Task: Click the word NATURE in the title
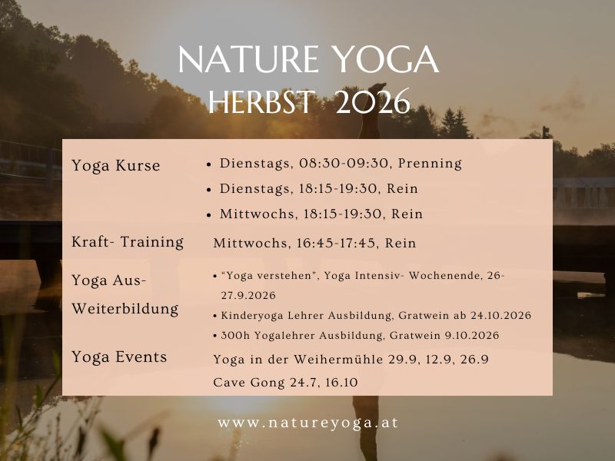pyautogui.click(x=248, y=60)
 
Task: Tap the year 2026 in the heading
pyautogui.click(x=373, y=101)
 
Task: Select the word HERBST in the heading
pyautogui.click(x=261, y=101)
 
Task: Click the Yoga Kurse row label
pyautogui.click(x=116, y=165)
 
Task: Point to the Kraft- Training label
pyautogui.click(x=128, y=242)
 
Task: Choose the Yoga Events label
pyautogui.click(x=119, y=357)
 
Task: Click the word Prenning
pyautogui.click(x=430, y=164)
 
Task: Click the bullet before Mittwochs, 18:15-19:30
pyautogui.click(x=209, y=215)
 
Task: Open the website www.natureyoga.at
pyautogui.click(x=308, y=423)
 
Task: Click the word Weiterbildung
pyautogui.click(x=125, y=309)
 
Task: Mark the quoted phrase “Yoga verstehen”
pyautogui.click(x=269, y=276)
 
